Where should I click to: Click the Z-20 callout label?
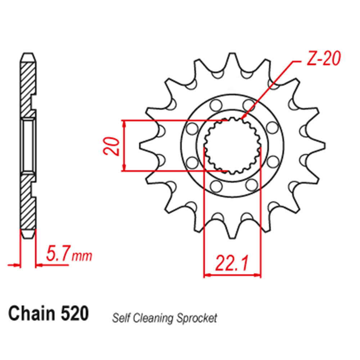click(x=323, y=59)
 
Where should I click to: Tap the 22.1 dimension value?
click(x=232, y=264)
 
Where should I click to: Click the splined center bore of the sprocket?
click(x=233, y=145)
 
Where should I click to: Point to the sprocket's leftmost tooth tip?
click(x=141, y=145)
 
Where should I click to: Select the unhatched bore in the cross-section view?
click(x=28, y=145)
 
